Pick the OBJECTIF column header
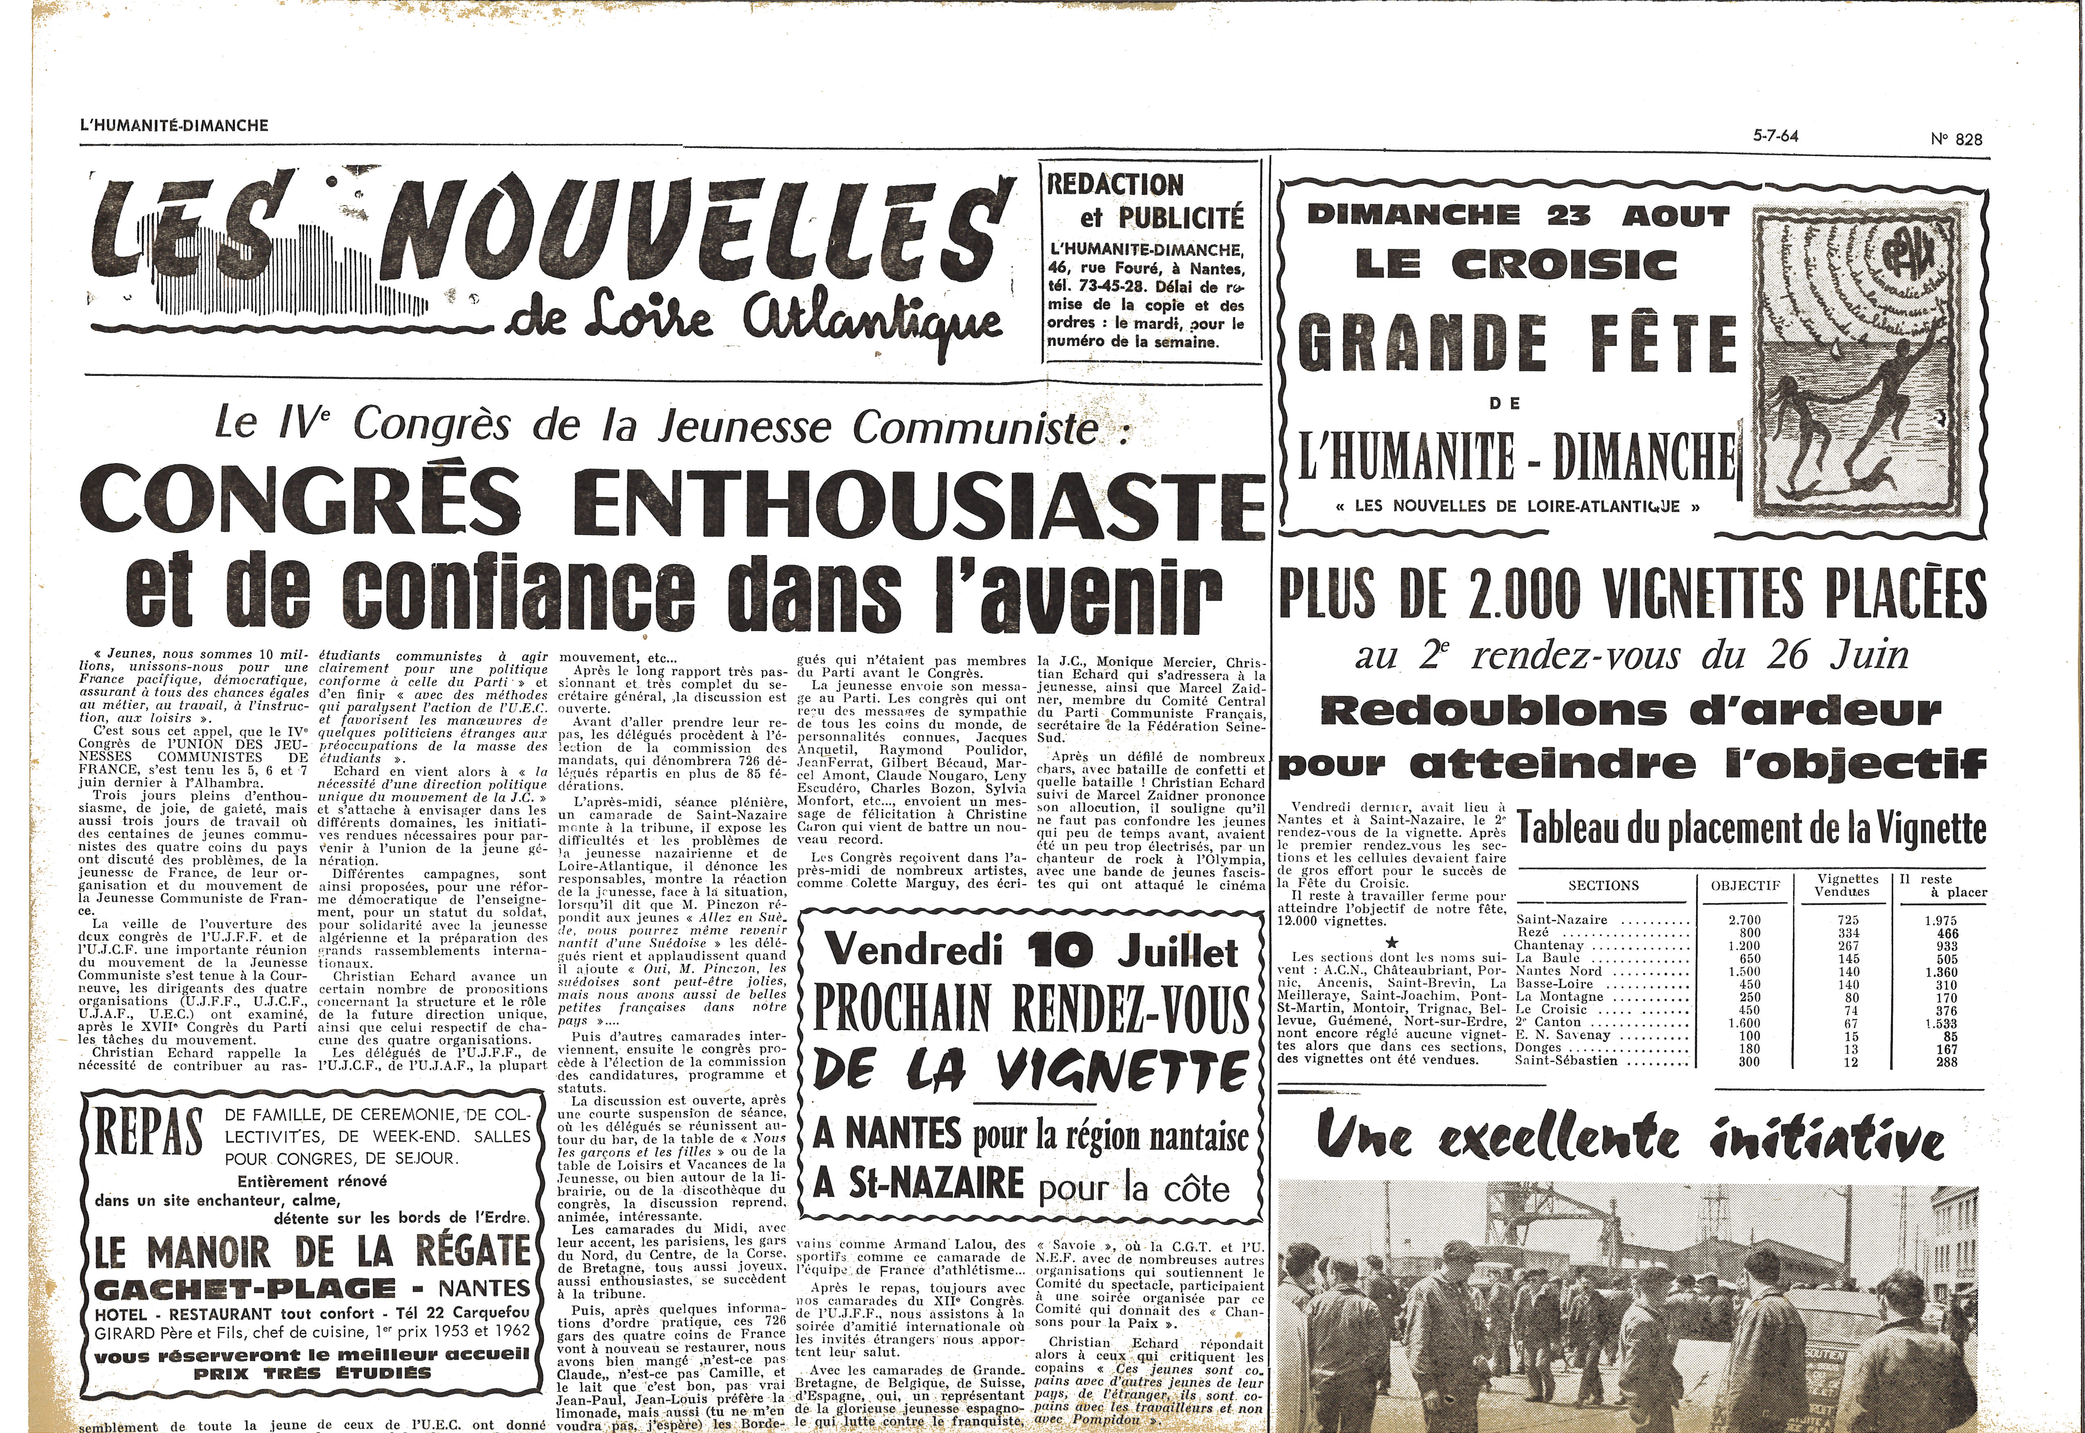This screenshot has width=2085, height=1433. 1745,860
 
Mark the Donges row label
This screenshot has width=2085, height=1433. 1538,1048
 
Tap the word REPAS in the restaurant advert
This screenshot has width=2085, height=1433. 150,1135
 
